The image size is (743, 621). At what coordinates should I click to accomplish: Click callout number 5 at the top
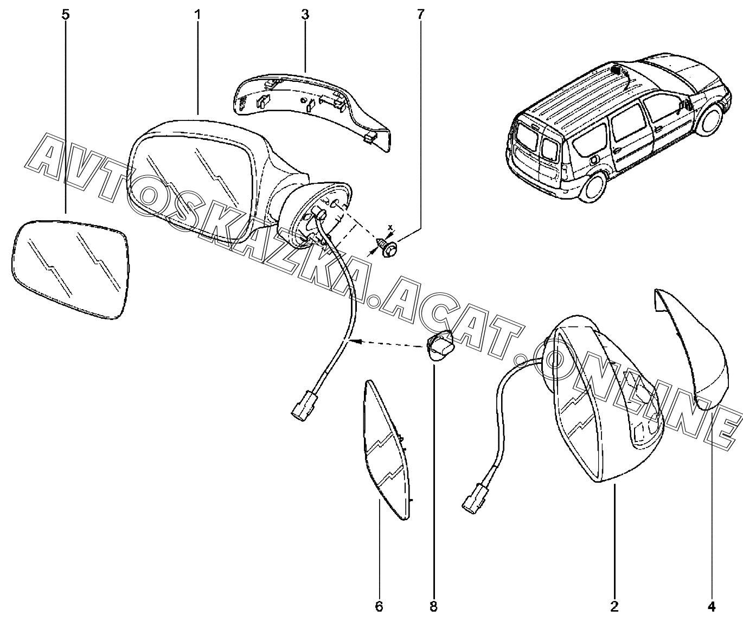point(66,15)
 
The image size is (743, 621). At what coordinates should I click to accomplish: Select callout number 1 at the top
point(197,15)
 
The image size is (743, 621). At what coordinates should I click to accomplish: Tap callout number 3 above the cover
point(305,15)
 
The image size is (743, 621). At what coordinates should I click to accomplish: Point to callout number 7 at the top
point(420,15)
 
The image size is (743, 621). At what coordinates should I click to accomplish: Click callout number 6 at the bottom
point(379,606)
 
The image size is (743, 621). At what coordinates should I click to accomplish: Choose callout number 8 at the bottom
point(433,606)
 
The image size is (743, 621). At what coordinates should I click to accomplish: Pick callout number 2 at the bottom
point(615,606)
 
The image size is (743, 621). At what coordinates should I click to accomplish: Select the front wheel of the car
point(712,120)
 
